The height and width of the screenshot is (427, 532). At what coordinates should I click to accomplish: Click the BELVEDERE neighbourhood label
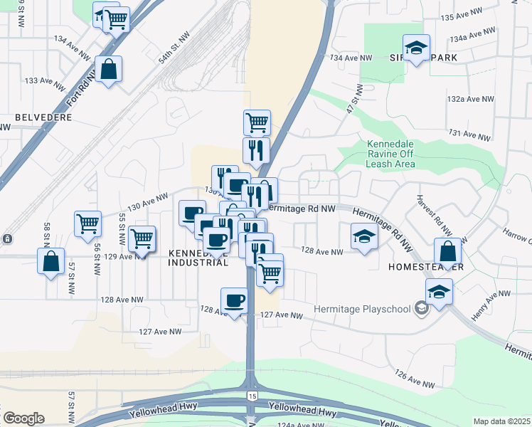click(x=43, y=117)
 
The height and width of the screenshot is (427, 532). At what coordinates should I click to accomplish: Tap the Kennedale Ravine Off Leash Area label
click(x=390, y=154)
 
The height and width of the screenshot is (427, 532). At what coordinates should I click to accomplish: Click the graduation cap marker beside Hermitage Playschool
click(x=440, y=292)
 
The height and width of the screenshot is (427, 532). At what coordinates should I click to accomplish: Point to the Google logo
click(x=23, y=418)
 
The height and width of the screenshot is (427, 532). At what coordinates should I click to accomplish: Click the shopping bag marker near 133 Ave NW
click(x=108, y=70)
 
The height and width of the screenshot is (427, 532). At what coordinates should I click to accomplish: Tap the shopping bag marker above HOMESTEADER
click(x=448, y=251)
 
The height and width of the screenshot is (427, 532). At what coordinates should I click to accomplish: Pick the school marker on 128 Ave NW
click(x=364, y=237)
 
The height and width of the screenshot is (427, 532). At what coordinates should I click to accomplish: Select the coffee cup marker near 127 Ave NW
click(x=234, y=300)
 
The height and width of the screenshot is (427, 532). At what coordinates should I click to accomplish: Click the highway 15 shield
click(x=252, y=395)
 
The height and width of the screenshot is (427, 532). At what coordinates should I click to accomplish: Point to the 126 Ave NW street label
click(x=414, y=379)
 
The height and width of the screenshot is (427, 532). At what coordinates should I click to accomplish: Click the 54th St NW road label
click(x=175, y=48)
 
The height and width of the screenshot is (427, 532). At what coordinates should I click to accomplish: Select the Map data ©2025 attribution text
click(x=501, y=421)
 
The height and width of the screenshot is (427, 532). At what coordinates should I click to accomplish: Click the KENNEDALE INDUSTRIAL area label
click(x=199, y=258)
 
